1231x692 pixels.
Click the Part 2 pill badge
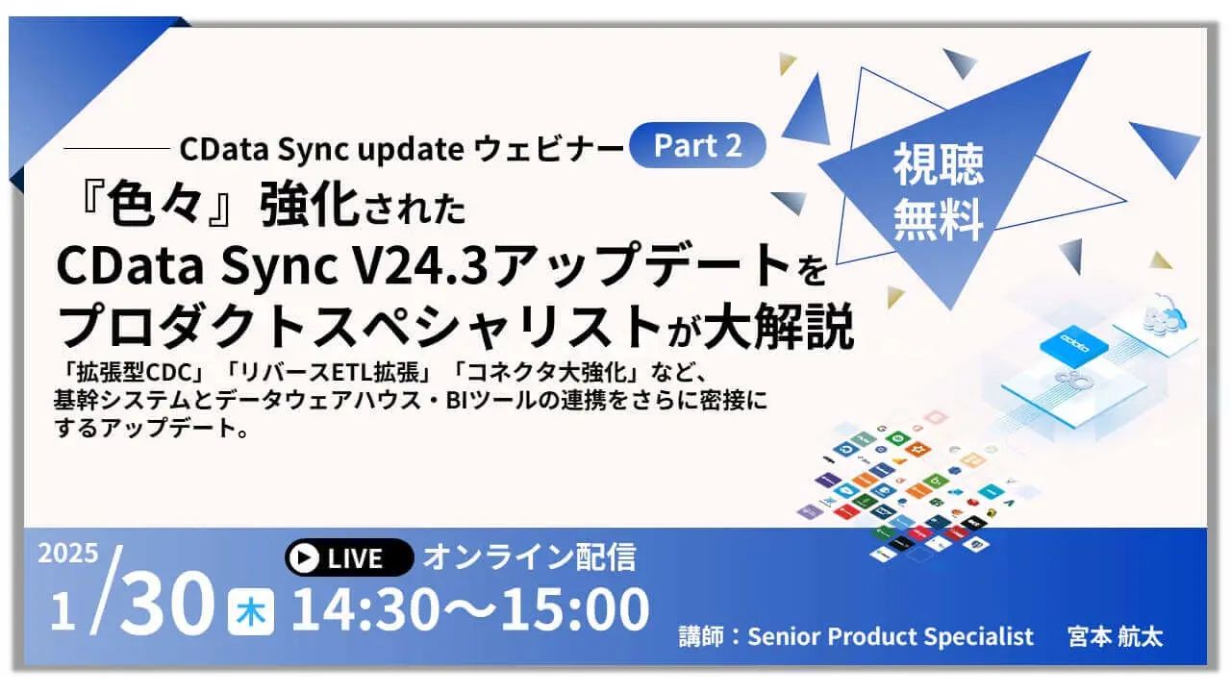(x=697, y=145)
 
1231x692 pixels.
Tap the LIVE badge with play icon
(x=349, y=557)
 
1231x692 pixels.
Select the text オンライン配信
(x=530, y=556)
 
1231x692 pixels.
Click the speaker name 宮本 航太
(x=1115, y=636)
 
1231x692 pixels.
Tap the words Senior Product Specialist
(x=891, y=636)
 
